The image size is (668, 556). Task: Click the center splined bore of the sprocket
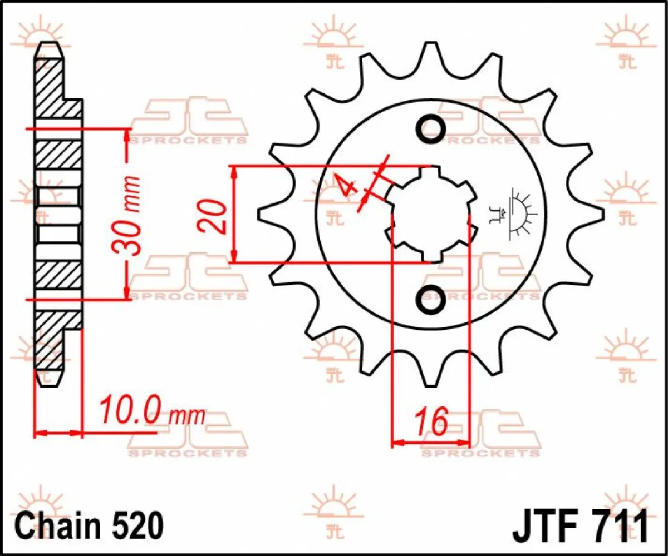(431, 214)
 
